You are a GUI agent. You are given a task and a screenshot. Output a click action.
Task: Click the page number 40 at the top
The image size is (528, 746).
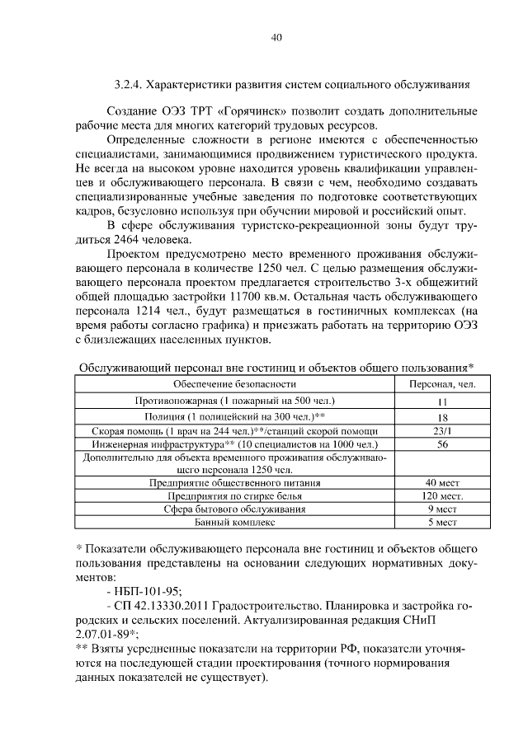(x=276, y=37)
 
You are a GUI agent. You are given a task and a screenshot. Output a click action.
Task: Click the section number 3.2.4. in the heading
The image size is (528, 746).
(x=130, y=84)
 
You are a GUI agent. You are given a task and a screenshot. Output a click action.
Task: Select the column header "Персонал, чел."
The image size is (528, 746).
(x=442, y=384)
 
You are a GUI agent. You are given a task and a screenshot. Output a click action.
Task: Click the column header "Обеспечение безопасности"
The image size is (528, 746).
(x=234, y=384)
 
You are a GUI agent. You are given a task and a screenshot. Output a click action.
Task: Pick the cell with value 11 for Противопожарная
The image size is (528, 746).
(x=442, y=401)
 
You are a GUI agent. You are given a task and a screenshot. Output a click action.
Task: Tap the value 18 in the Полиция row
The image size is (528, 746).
(x=442, y=417)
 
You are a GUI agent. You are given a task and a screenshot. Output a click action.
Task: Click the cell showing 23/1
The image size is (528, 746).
(x=442, y=431)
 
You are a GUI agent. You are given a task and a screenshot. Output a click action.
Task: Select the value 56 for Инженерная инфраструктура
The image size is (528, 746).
(x=442, y=444)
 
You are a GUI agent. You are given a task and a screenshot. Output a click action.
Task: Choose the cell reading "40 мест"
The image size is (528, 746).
(x=442, y=482)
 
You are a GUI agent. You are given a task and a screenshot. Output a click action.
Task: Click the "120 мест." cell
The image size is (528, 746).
(x=442, y=496)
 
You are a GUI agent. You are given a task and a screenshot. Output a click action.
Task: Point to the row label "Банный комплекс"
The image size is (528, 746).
(x=234, y=523)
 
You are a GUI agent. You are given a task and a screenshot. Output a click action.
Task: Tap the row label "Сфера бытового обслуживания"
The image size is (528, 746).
(x=234, y=509)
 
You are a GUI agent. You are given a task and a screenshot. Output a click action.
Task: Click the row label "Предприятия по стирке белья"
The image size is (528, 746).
(x=234, y=496)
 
